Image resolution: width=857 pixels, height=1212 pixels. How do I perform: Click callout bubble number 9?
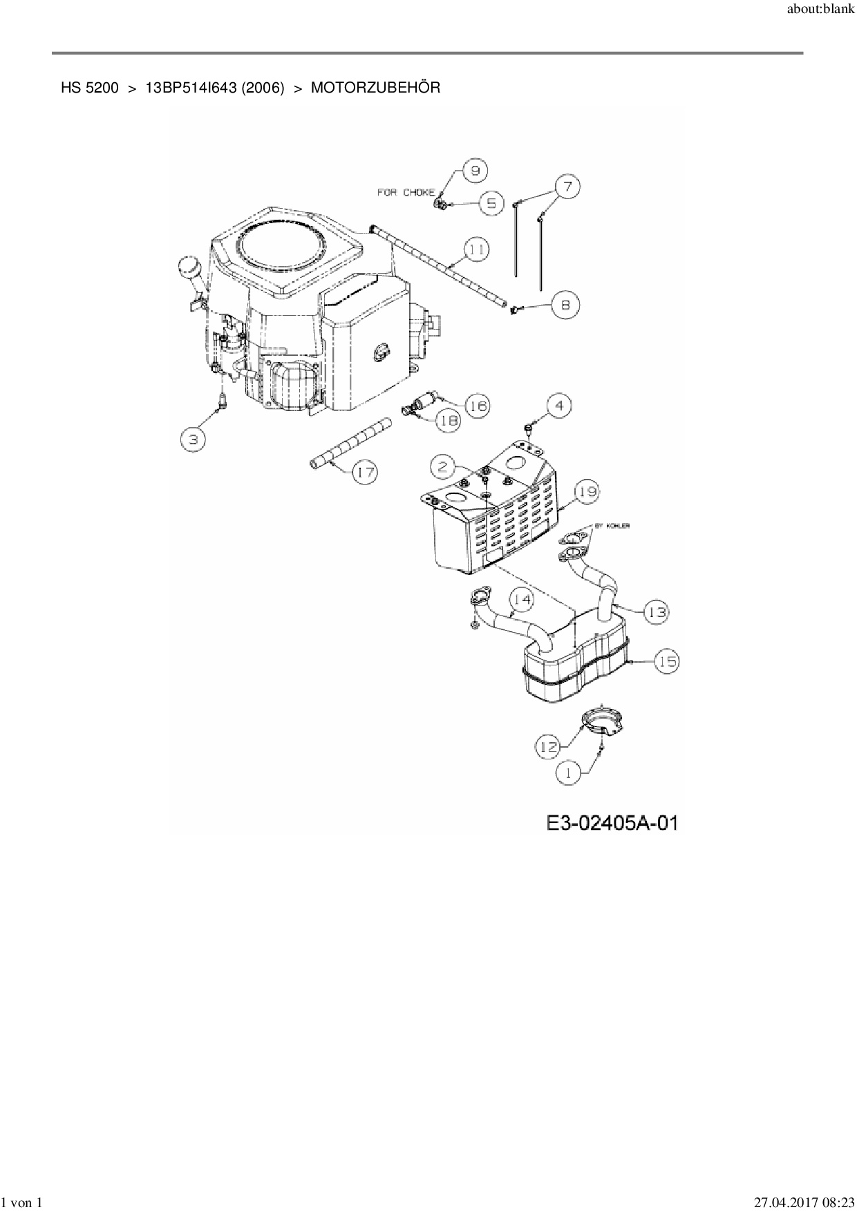(x=475, y=171)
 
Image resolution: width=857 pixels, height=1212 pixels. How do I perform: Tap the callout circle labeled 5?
(x=491, y=204)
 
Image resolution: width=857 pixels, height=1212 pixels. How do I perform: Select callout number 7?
(x=567, y=187)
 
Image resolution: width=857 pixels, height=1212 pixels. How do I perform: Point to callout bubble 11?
(x=476, y=249)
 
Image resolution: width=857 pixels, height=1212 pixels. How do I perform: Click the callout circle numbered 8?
(x=566, y=305)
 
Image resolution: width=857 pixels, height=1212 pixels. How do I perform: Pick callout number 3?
(x=194, y=439)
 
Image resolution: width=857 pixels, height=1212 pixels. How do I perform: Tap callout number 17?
(x=366, y=473)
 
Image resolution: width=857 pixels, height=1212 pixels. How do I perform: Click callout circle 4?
(x=560, y=406)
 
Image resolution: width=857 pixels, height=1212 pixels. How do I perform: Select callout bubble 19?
(x=587, y=493)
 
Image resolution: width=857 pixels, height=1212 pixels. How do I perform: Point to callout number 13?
(x=657, y=612)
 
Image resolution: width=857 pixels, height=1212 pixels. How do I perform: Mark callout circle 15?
(x=667, y=661)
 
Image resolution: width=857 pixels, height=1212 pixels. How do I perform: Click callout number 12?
(x=548, y=746)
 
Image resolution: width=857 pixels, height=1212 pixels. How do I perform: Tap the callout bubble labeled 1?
(x=569, y=773)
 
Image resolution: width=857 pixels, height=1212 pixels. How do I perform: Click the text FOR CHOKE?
(x=406, y=192)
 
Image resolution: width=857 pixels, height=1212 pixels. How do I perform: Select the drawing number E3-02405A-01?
(x=612, y=823)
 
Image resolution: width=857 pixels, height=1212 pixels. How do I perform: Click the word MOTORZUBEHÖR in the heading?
(x=375, y=88)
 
